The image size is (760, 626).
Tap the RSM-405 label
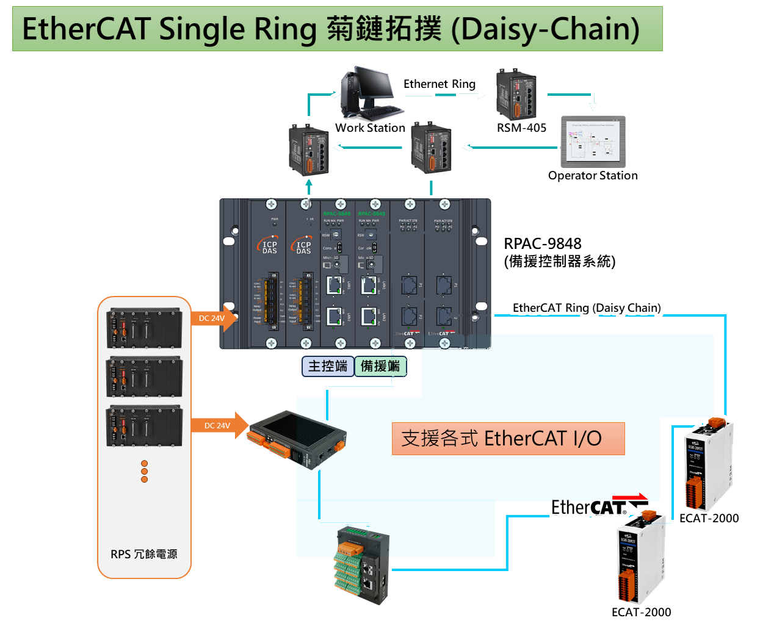click(521, 128)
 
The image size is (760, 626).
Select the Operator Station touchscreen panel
click(593, 142)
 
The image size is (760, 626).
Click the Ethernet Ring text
click(439, 84)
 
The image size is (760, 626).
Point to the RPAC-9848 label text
click(543, 244)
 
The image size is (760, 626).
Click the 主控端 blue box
click(328, 366)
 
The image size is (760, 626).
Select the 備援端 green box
click(380, 366)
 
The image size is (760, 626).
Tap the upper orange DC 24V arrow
click(215, 318)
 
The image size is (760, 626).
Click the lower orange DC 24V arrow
click(220, 425)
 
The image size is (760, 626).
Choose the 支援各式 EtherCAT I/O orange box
click(508, 439)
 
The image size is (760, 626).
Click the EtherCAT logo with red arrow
click(598, 506)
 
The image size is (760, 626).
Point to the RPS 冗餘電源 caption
click(144, 554)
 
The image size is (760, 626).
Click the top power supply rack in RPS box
click(144, 328)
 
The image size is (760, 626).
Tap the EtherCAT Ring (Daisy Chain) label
click(587, 308)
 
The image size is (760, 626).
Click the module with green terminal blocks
click(361, 564)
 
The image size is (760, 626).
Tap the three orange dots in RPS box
click(144, 471)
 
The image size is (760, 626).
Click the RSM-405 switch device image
click(516, 94)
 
